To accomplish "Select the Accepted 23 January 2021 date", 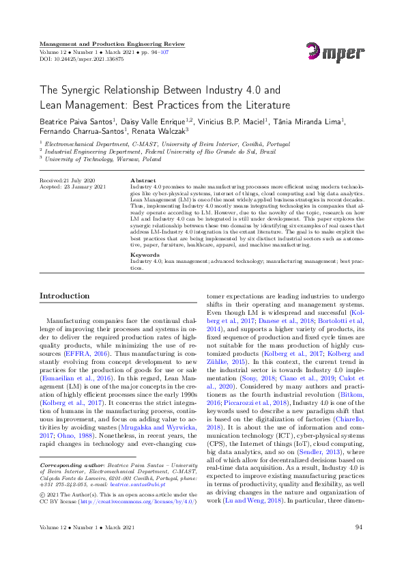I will click(72, 186).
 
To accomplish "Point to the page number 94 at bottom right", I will click(358, 546).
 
